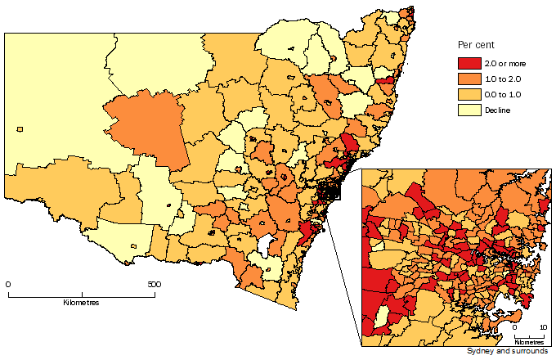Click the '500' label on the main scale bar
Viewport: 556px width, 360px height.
152,285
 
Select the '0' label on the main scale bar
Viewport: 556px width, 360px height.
8,285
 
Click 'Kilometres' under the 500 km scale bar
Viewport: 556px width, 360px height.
81,303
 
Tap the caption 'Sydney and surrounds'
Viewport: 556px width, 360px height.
509,352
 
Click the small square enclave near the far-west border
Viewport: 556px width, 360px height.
19,128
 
